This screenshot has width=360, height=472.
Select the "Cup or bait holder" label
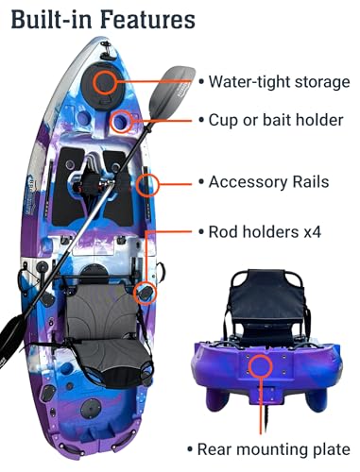276,121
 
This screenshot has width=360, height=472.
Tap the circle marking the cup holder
122,122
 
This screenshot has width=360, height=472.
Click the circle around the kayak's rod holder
144,292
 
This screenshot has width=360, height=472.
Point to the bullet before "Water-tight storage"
201,82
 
